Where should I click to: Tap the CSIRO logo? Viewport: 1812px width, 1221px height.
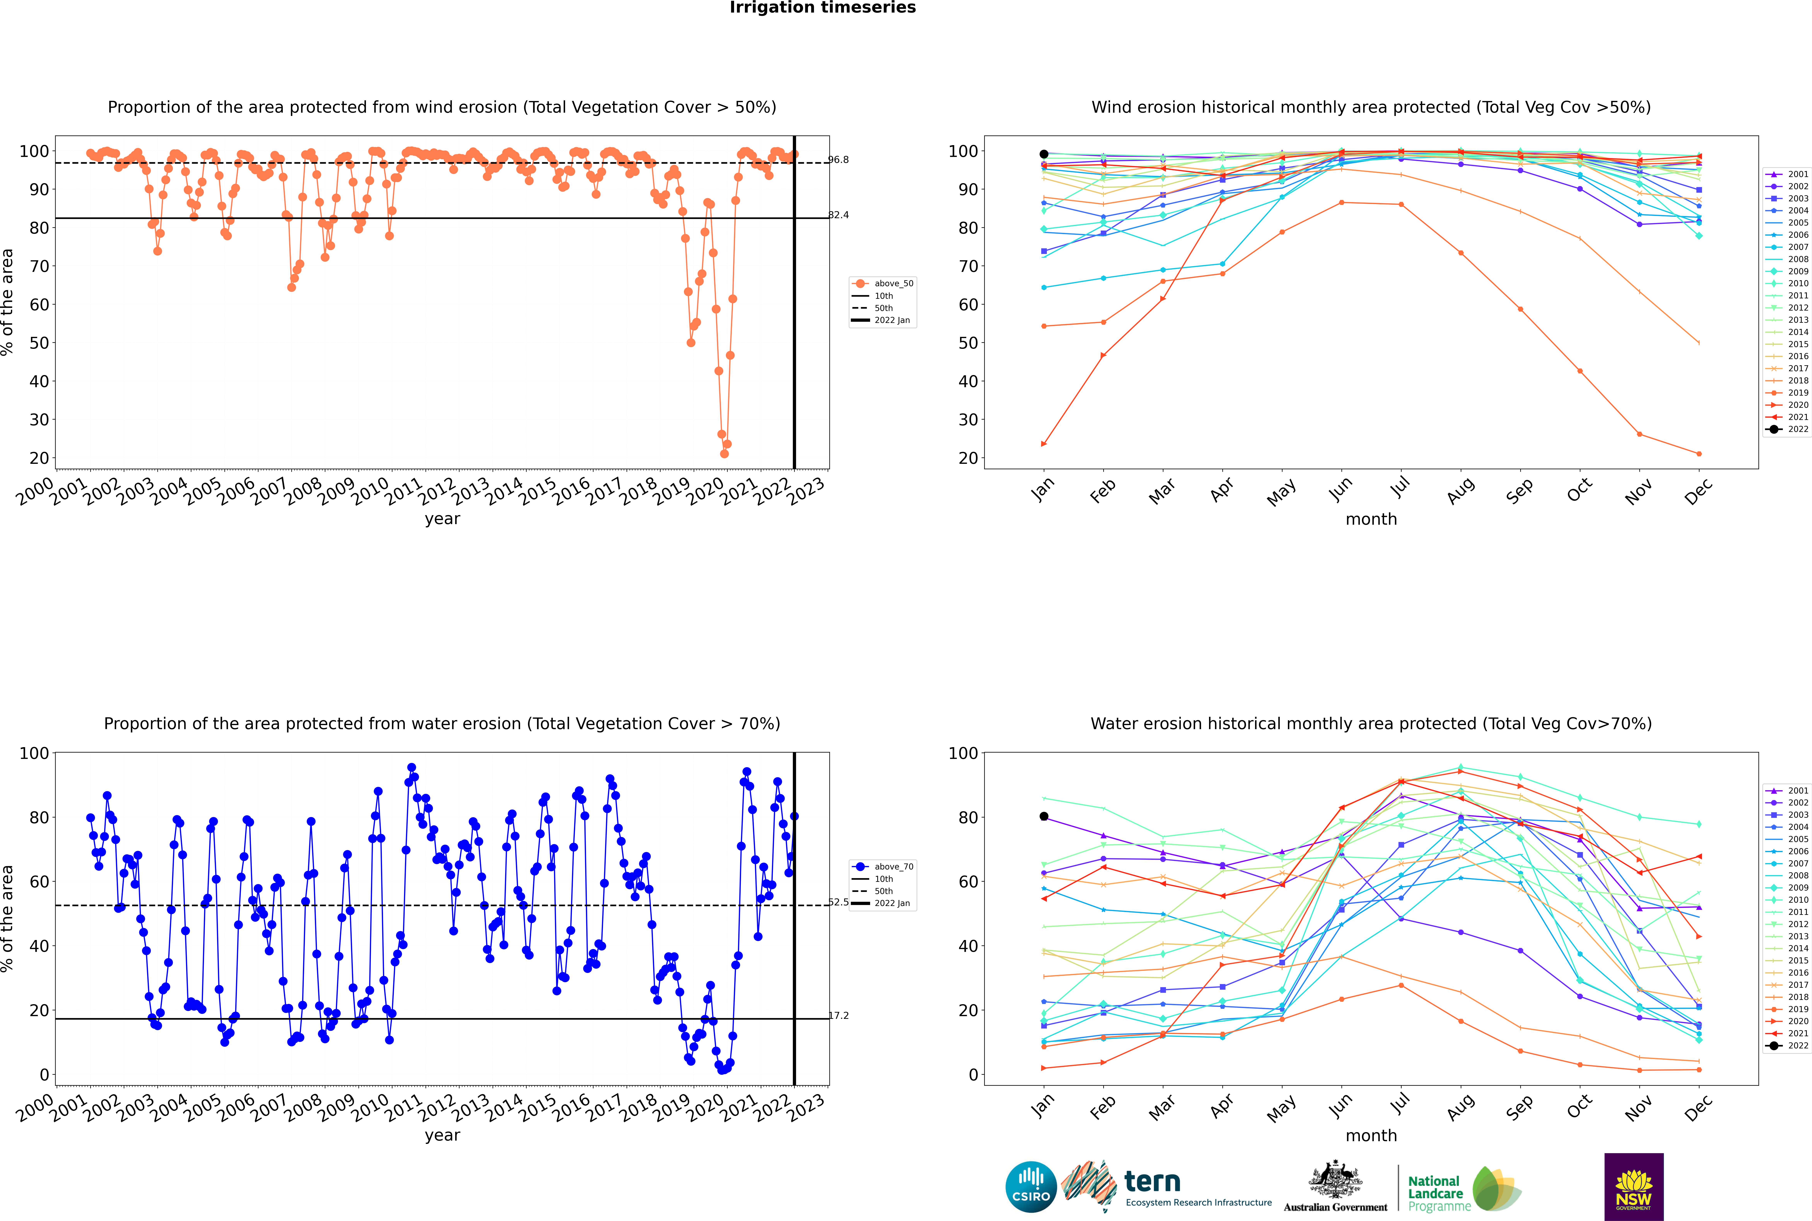(x=1031, y=1187)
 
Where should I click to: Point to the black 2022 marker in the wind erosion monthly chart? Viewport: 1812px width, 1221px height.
(x=1044, y=154)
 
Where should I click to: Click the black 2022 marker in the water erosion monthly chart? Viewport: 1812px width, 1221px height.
(x=1044, y=816)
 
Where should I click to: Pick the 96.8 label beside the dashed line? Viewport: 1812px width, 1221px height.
(x=838, y=160)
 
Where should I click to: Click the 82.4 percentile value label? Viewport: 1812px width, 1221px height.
(x=838, y=215)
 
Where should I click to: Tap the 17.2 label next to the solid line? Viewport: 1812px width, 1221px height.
(x=838, y=1015)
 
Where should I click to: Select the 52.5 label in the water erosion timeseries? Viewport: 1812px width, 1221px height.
(x=838, y=902)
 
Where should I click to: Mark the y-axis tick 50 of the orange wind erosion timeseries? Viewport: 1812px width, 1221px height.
(x=39, y=343)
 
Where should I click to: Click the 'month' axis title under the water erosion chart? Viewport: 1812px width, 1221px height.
(x=1371, y=1135)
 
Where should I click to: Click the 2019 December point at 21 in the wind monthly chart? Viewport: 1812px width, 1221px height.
(x=1699, y=454)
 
